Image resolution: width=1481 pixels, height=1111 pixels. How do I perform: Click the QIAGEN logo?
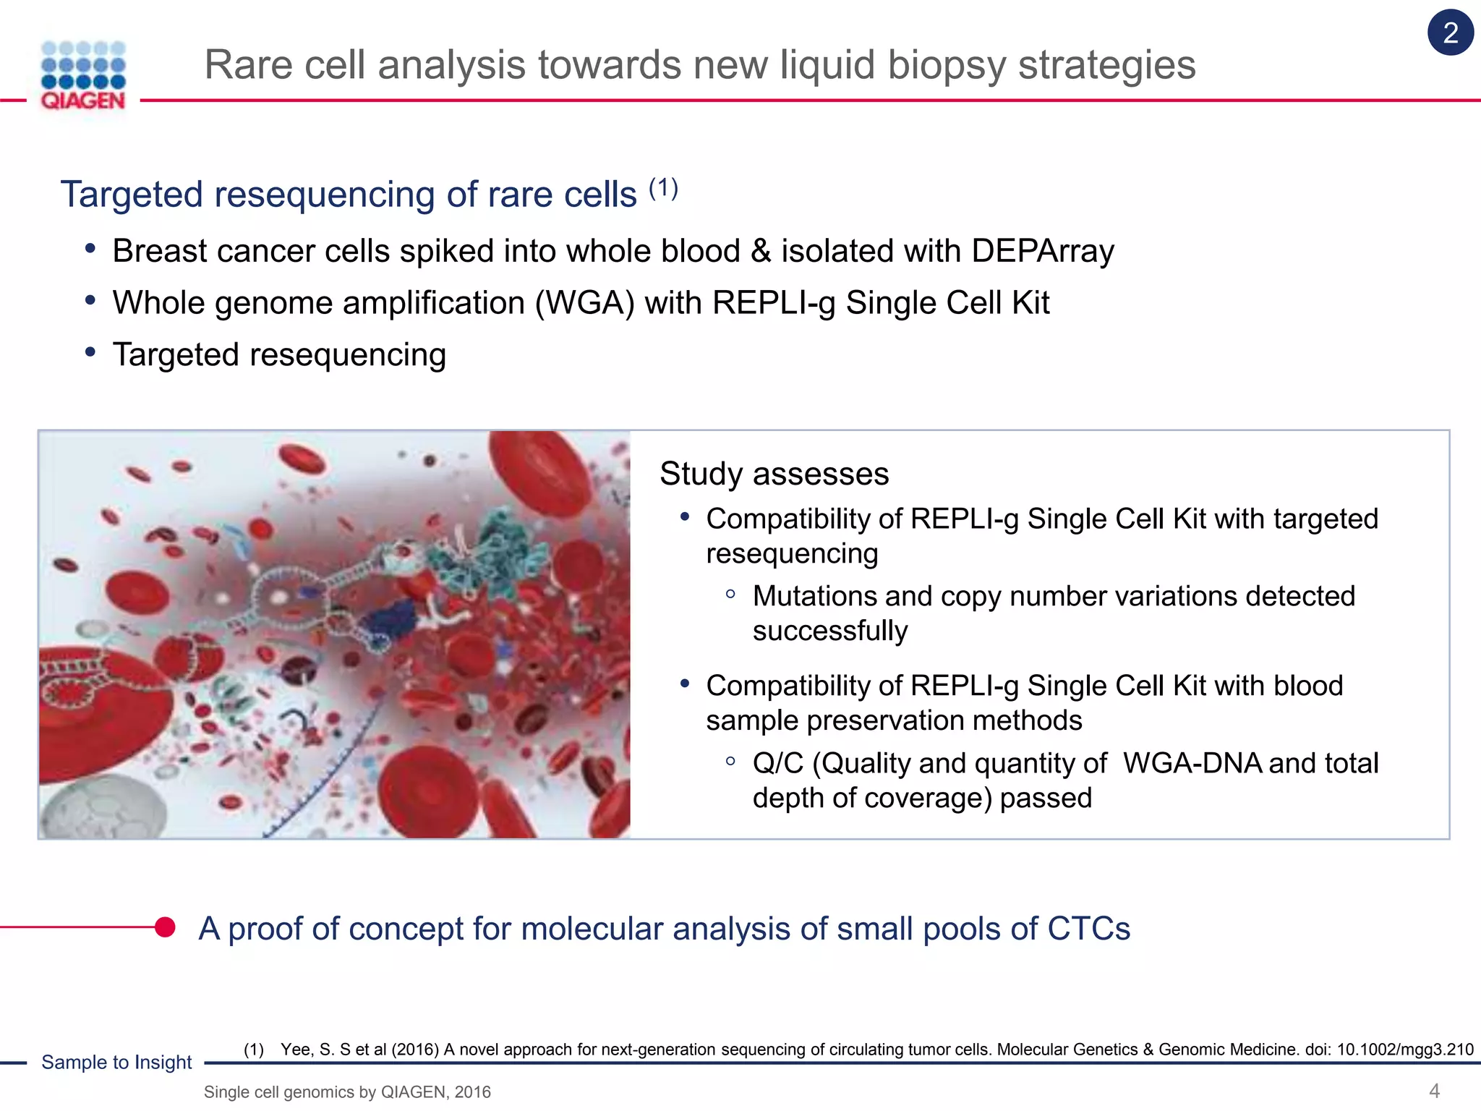point(83,76)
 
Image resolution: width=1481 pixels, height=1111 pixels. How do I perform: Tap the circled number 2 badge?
point(1450,33)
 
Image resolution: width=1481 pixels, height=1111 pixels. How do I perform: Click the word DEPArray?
point(1042,251)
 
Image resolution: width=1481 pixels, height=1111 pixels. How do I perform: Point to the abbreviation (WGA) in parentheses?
point(584,303)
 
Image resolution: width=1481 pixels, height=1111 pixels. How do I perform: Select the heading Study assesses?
point(774,474)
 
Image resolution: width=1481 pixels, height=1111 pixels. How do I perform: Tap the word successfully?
point(829,631)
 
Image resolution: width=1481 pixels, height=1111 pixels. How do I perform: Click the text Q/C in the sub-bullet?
point(777,764)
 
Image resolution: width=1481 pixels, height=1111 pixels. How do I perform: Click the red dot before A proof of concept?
point(166,927)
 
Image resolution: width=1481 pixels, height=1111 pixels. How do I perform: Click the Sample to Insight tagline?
point(116,1062)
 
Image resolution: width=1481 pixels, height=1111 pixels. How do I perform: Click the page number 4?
point(1434,1091)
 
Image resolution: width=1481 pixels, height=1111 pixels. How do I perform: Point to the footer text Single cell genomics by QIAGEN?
point(347,1092)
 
